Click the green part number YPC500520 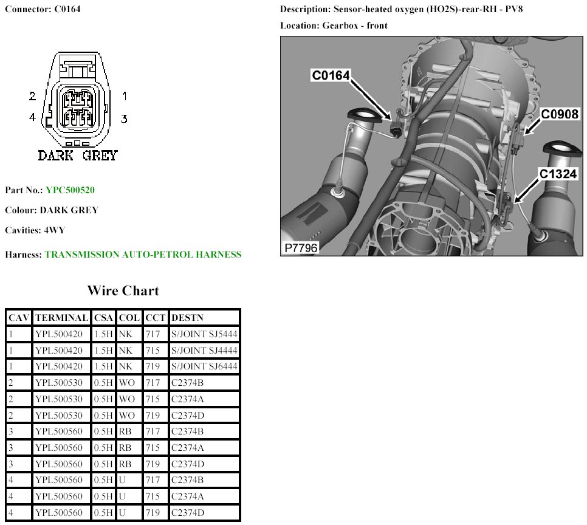tap(70, 190)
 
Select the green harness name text tap(143, 255)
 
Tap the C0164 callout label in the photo tap(331, 75)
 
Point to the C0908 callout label tap(560, 114)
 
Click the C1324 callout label tap(558, 174)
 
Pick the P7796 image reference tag tap(301, 248)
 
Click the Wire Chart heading tap(123, 290)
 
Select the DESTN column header tap(187, 318)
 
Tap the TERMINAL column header tap(62, 318)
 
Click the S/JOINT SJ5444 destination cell tap(204, 334)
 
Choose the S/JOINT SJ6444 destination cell tap(204, 366)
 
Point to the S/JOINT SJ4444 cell tap(204, 350)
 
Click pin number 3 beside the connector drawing tap(125, 119)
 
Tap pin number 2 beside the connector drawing tap(33, 96)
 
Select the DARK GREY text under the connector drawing tap(78, 156)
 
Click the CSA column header tap(103, 318)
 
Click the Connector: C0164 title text tap(43, 9)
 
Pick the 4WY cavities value tap(55, 230)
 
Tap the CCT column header tap(156, 318)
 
